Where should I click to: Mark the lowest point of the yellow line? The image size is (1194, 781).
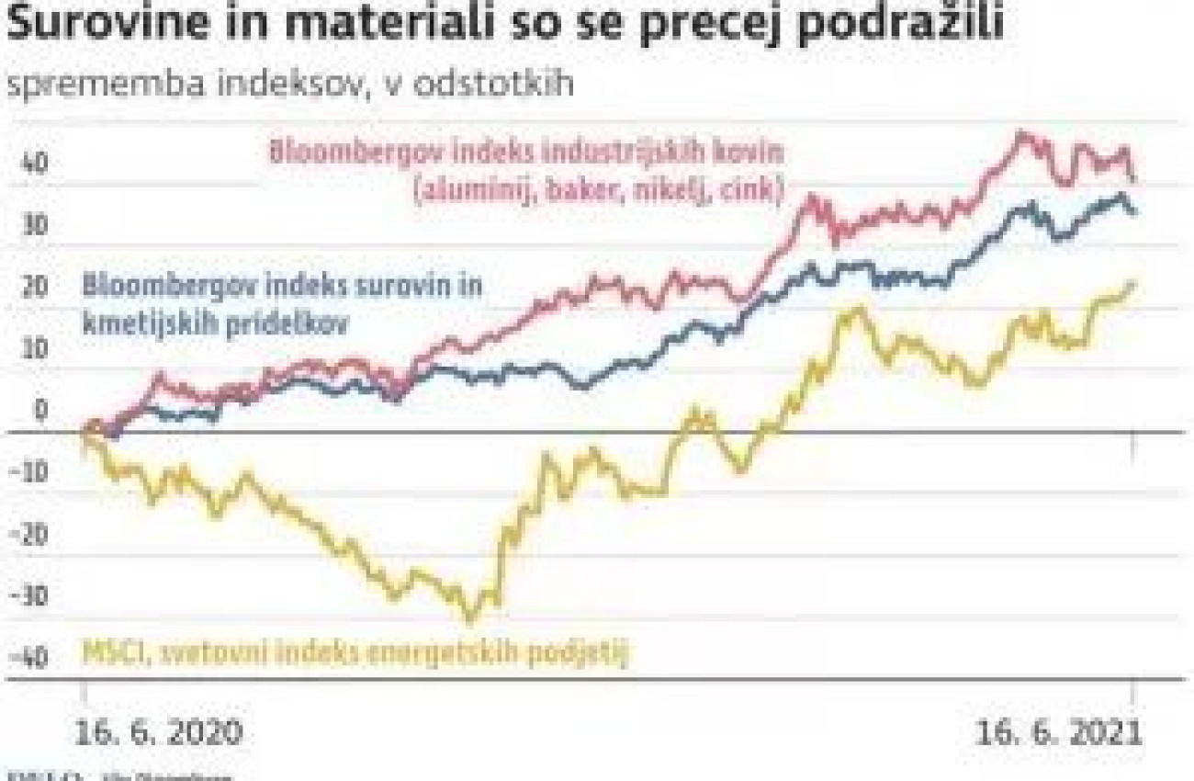471,620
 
